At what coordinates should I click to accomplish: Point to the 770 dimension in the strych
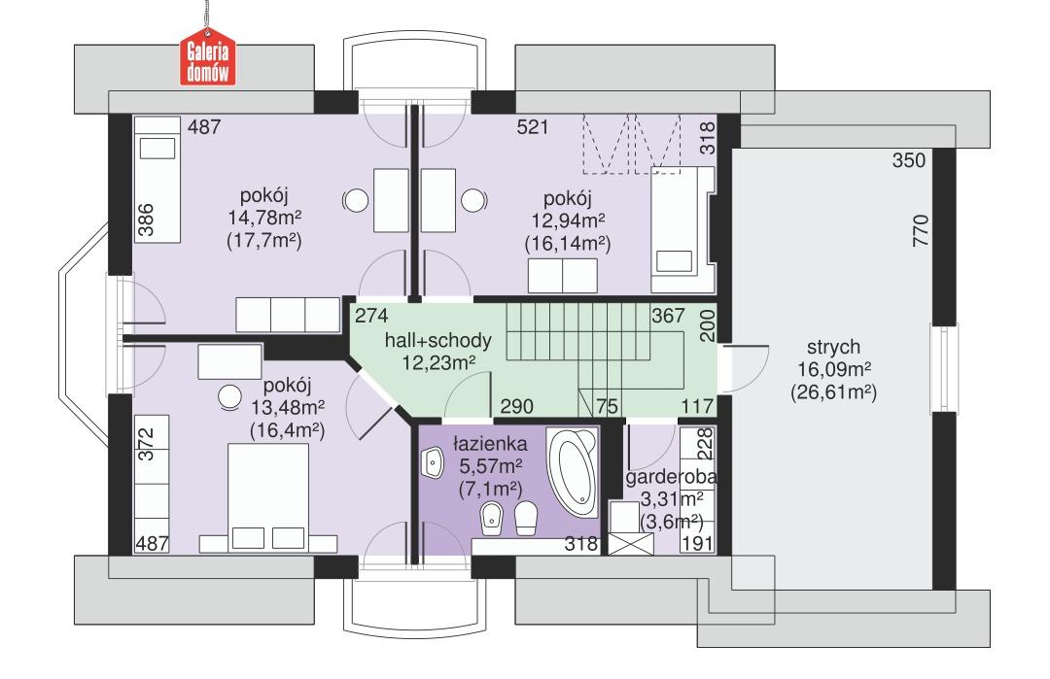coord(922,233)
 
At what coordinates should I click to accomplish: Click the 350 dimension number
coord(909,161)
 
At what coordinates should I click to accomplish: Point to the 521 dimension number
coord(533,127)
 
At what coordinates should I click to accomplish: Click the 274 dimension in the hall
coord(370,316)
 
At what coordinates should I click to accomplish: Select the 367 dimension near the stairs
coord(669,316)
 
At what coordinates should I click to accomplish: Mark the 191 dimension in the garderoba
coord(697,544)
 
